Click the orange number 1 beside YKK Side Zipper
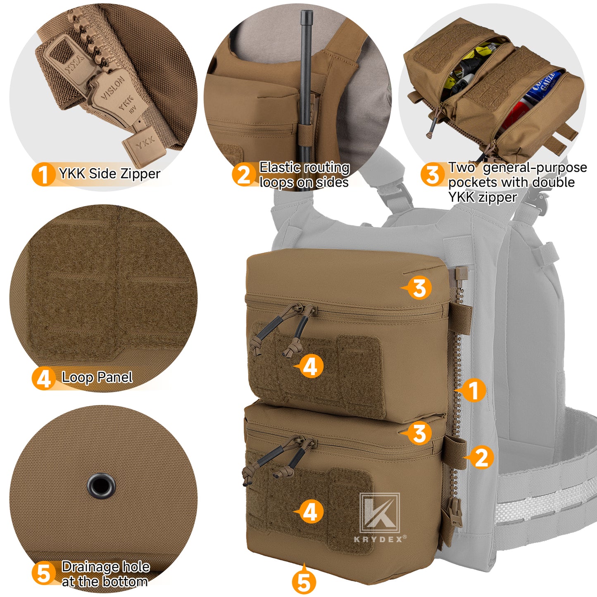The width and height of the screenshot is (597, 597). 43,174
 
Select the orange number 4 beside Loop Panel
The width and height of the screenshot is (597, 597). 43,378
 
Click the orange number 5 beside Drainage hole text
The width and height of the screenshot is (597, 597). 43,573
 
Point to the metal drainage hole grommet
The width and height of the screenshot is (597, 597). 101,485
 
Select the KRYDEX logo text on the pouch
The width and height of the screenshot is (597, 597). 380,539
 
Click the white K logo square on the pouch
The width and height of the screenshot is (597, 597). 379,512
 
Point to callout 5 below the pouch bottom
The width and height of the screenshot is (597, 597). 304,582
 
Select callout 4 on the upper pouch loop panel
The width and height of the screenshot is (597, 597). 310,366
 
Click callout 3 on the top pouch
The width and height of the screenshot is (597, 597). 419,288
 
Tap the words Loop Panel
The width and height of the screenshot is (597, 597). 97,377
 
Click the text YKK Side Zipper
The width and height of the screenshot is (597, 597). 109,174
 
